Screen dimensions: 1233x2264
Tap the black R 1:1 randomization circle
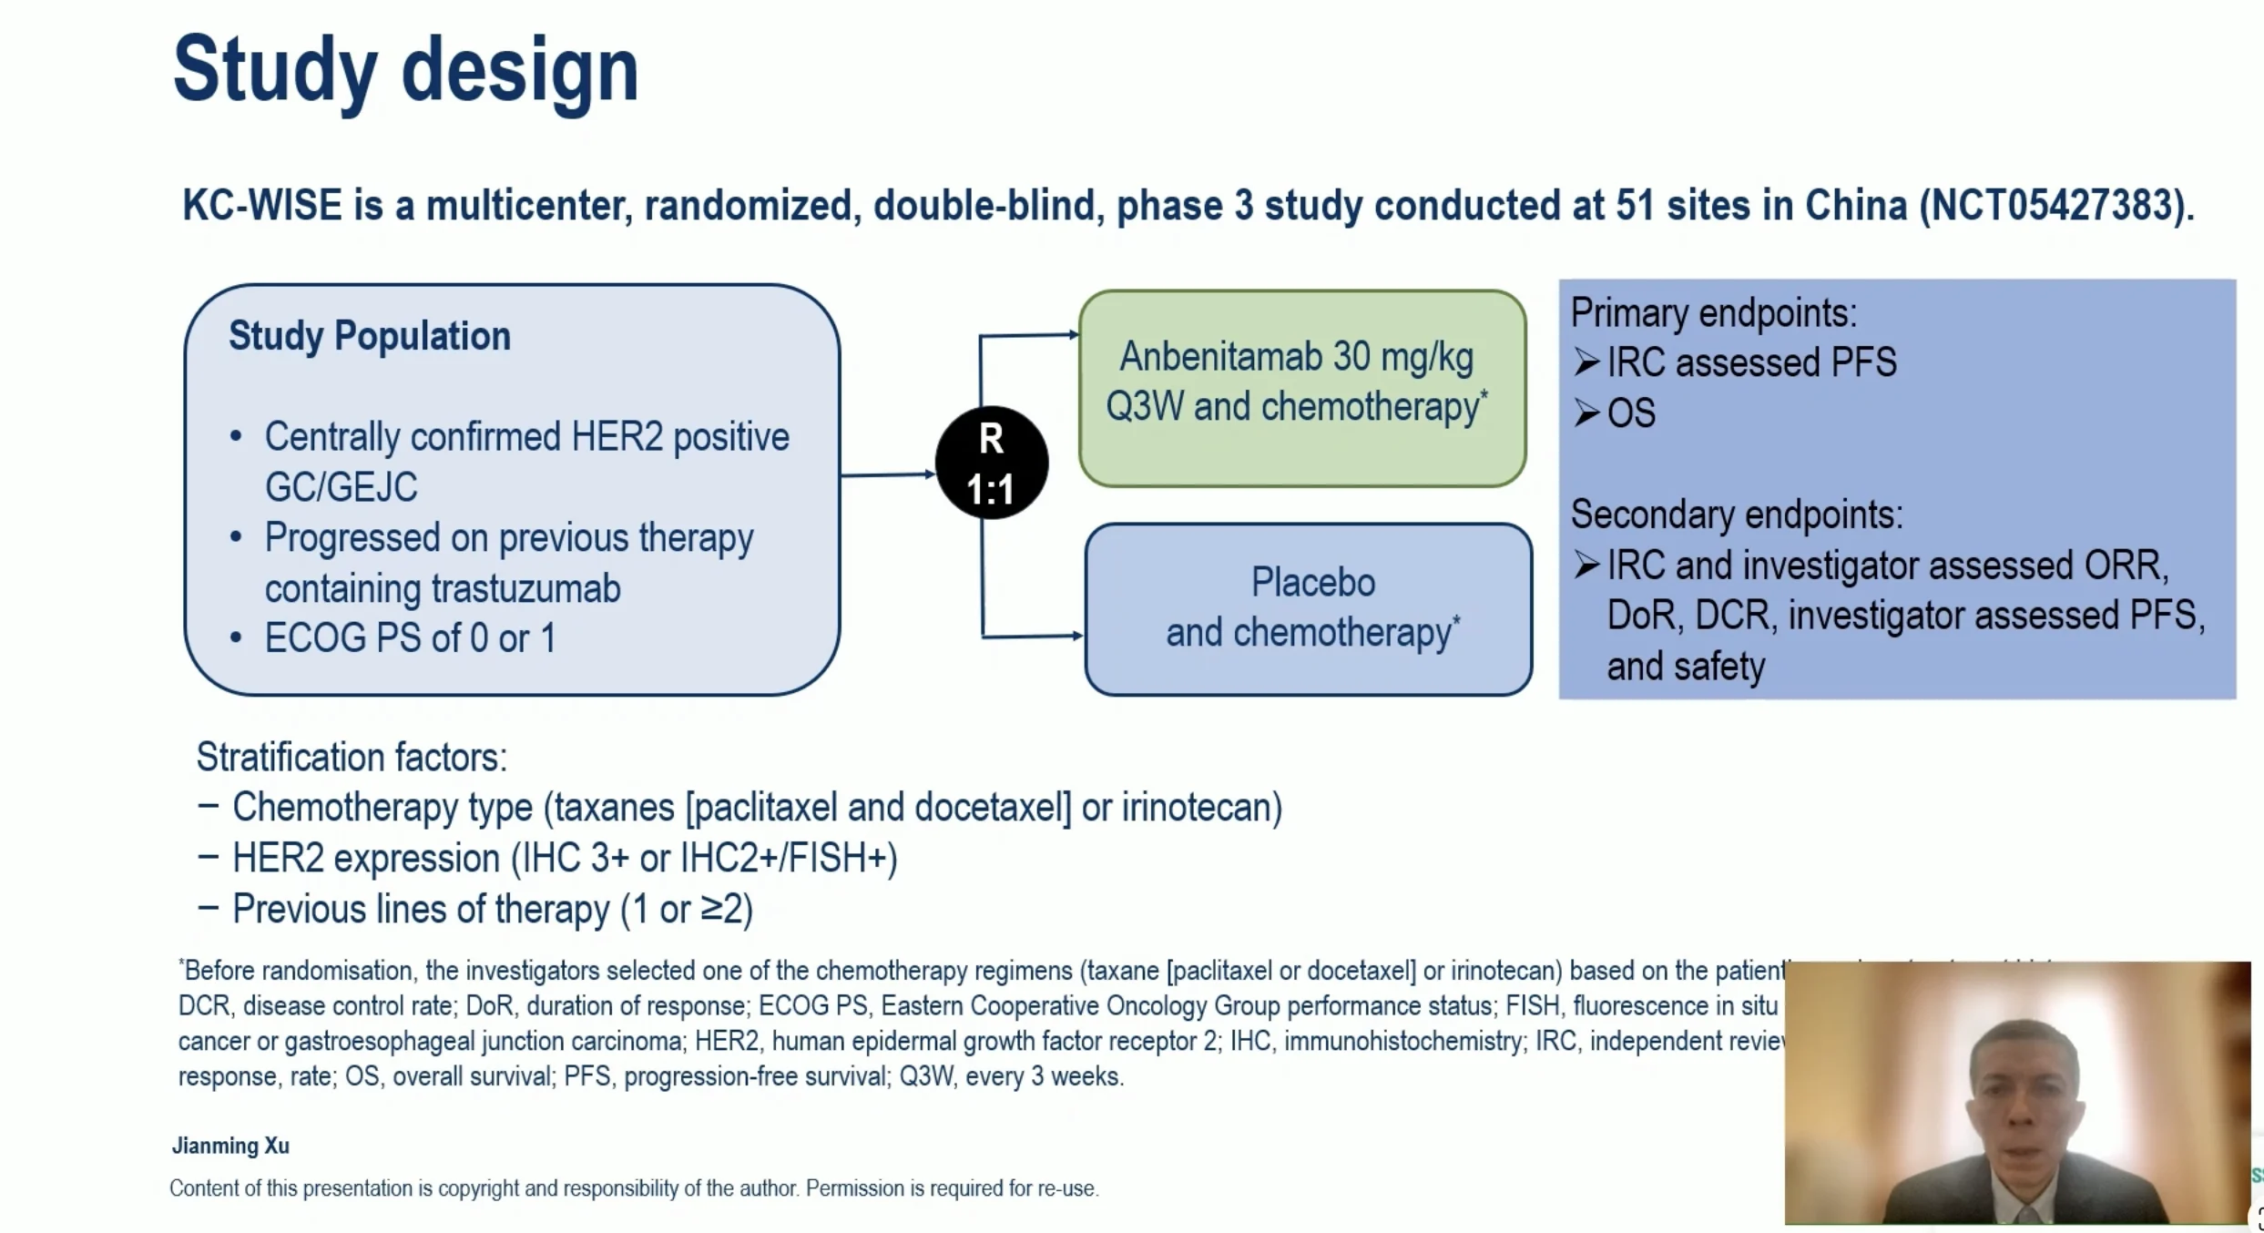991,464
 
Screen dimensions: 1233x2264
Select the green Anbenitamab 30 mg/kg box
1301,389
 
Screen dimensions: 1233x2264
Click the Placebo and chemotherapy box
1309,608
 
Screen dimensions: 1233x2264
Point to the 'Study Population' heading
369,336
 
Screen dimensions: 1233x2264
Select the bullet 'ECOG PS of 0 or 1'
410,638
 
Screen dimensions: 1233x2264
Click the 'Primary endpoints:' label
1713,313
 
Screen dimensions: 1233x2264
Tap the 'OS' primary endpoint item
1630,413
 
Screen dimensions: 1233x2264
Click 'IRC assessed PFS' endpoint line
1750,362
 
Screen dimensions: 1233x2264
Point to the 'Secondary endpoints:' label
1736,515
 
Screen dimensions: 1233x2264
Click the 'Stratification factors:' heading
352,757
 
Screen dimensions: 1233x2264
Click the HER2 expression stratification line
564,858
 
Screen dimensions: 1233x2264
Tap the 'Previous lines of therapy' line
492,909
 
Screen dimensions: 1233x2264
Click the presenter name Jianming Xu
230,1146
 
